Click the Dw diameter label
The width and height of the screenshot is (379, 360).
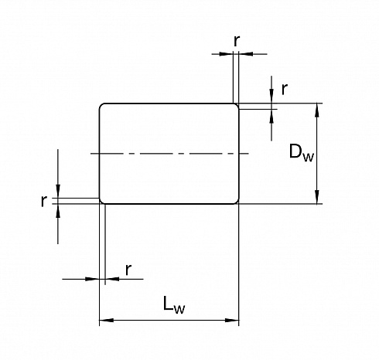pyautogui.click(x=302, y=153)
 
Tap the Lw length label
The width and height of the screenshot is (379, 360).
pyautogui.click(x=174, y=304)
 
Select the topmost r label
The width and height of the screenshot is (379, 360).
pyautogui.click(x=237, y=41)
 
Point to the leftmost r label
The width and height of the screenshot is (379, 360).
pyautogui.click(x=44, y=201)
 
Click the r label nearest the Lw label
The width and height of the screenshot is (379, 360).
pyautogui.click(x=128, y=270)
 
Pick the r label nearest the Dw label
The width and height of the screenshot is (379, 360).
pyautogui.click(x=284, y=89)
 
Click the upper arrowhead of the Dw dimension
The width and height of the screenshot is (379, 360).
pyautogui.click(x=317, y=110)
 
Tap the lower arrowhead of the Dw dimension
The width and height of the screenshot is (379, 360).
pyautogui.click(x=317, y=197)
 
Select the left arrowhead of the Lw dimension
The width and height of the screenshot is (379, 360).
pyautogui.click(x=106, y=321)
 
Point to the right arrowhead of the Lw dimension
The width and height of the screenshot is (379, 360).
pyautogui.click(x=232, y=321)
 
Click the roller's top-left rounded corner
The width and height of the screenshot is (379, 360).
pyautogui.click(x=101, y=106)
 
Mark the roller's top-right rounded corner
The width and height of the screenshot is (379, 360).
pyautogui.click(x=237, y=106)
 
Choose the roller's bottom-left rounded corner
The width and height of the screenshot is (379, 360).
pyautogui.click(x=101, y=202)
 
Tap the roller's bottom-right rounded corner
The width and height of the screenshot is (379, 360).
pyautogui.click(x=237, y=202)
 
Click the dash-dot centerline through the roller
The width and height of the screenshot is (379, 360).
pyautogui.click(x=169, y=154)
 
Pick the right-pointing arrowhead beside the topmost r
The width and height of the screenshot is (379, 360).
pyautogui.click(x=226, y=54)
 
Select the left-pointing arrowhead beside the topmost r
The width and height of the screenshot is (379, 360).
pyautogui.click(x=246, y=54)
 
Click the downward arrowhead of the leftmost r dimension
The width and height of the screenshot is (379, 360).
pyautogui.click(x=58, y=192)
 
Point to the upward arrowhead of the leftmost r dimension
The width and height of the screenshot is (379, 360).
pyautogui.click(x=58, y=210)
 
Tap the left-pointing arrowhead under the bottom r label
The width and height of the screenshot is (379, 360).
pyautogui.click(x=112, y=279)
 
